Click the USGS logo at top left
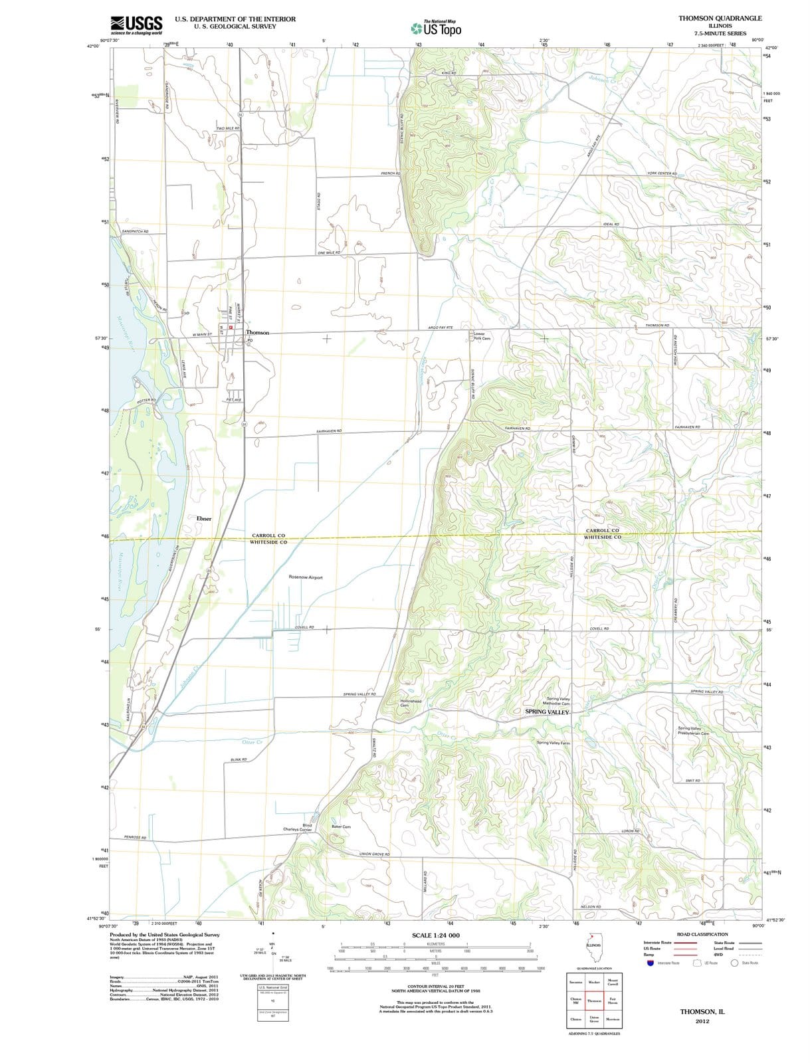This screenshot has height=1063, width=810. [136, 25]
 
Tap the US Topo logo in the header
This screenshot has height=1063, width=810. [436, 29]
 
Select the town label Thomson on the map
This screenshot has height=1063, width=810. [258, 332]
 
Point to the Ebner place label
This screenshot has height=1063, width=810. [204, 518]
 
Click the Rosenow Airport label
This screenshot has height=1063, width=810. [306, 577]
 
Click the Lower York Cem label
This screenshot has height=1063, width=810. [482, 336]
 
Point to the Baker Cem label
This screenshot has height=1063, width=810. [341, 826]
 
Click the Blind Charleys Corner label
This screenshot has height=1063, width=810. [298, 827]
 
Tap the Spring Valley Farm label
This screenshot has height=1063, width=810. [554, 743]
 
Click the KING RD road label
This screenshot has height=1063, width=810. [449, 72]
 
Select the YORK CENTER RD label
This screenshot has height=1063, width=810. [661, 173]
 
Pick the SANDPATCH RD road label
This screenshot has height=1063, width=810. [136, 231]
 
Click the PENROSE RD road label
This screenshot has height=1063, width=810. [135, 837]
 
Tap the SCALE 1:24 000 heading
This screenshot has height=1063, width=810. [436, 935]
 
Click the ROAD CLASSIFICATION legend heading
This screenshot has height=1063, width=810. [702, 934]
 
